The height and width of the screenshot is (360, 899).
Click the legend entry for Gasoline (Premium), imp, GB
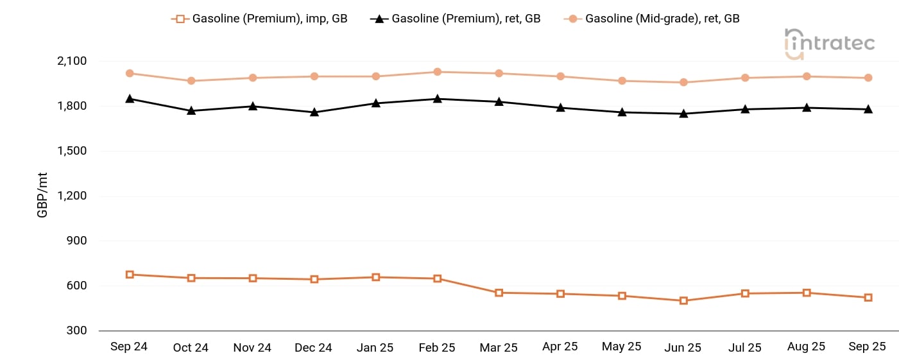[260, 19]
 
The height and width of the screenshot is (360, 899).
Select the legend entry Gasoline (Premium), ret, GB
[456, 19]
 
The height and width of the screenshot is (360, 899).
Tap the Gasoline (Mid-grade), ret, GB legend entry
[653, 19]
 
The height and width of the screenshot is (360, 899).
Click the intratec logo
[830, 44]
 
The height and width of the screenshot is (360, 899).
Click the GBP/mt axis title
[42, 195]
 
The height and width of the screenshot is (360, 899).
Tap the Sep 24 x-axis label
[129, 347]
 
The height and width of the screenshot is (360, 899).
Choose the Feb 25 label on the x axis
[437, 347]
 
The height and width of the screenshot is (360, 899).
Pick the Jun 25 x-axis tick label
[683, 347]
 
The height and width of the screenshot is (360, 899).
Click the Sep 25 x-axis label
[868, 347]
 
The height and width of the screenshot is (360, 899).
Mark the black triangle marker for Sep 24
[130, 98]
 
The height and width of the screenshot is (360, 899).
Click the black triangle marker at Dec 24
[314, 112]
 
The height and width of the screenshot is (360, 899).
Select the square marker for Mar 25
[499, 293]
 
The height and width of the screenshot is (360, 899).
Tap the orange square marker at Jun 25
[684, 300]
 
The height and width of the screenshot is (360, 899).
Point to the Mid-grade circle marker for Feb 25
[438, 72]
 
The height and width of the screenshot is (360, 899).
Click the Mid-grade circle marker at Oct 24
[191, 81]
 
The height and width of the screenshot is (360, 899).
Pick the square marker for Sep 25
[868, 298]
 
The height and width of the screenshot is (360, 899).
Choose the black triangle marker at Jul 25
[745, 109]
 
